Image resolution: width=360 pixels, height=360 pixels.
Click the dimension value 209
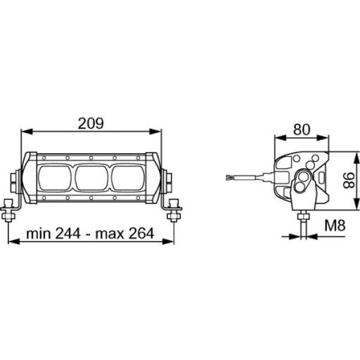(x=91, y=122)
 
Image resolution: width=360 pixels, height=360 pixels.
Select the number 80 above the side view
(x=302, y=129)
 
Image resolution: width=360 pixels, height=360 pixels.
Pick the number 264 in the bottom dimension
(x=139, y=233)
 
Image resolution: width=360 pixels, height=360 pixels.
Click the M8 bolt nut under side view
(x=303, y=212)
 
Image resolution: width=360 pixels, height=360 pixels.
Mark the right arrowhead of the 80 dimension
(x=328, y=138)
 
